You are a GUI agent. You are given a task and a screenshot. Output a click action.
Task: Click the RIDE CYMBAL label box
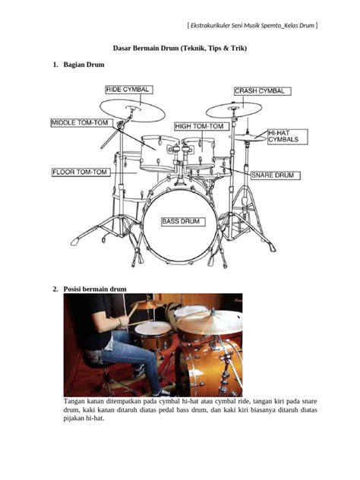click(x=129, y=90)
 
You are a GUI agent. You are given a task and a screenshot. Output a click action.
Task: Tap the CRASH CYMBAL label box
click(x=262, y=91)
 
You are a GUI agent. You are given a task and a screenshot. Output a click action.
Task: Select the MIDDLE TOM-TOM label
click(x=82, y=123)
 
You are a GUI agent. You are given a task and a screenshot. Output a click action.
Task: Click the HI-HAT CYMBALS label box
click(x=288, y=137)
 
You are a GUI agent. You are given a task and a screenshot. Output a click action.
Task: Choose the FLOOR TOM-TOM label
click(x=81, y=172)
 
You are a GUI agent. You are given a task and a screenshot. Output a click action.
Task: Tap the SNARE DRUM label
click(x=276, y=175)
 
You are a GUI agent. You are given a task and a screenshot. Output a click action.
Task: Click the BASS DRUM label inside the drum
click(x=183, y=222)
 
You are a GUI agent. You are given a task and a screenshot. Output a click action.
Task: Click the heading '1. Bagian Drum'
click(x=78, y=65)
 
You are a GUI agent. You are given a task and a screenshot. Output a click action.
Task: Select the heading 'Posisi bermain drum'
click(x=95, y=289)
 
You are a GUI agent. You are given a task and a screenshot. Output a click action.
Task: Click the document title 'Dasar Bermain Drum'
click(x=145, y=48)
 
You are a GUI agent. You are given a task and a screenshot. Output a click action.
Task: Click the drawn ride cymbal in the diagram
click(x=132, y=110)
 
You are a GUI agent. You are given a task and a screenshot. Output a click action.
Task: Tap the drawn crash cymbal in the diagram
click(x=234, y=110)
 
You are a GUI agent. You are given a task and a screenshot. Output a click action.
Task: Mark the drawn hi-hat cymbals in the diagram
click(x=248, y=137)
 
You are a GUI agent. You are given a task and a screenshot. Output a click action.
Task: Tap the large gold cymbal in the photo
click(x=210, y=321)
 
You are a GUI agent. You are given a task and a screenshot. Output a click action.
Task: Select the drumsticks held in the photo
click(x=132, y=316)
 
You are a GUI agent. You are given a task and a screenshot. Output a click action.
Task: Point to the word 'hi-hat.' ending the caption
click(x=95, y=418)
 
